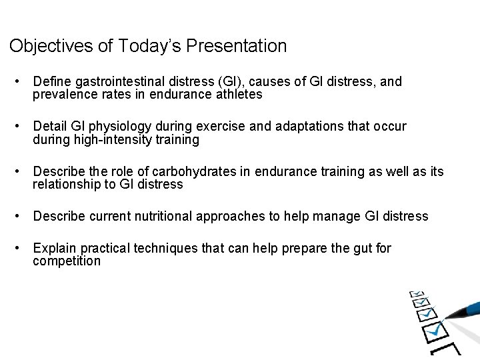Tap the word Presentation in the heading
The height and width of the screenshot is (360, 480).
tap(237, 46)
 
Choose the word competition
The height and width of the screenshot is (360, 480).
tap(67, 261)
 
